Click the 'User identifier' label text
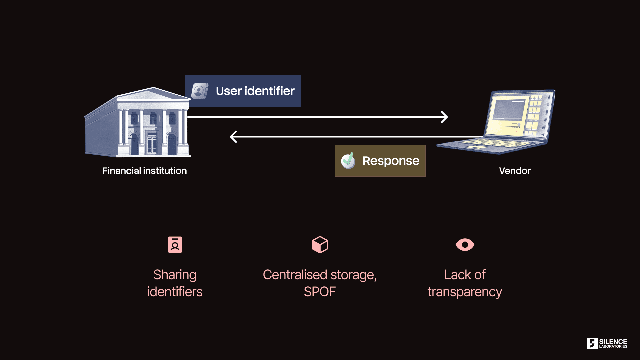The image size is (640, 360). (x=255, y=91)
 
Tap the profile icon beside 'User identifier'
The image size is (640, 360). (x=200, y=91)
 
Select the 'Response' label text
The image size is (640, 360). (x=391, y=161)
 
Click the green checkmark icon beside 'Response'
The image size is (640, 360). (x=348, y=161)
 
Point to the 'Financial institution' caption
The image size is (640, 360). (x=144, y=171)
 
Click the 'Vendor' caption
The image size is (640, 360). (x=515, y=171)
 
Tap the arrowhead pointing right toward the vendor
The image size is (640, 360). (x=445, y=117)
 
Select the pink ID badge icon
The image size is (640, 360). (x=175, y=245)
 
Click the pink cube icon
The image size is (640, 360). (x=320, y=245)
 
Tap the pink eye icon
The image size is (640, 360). (x=465, y=245)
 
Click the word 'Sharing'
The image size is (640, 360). (x=175, y=275)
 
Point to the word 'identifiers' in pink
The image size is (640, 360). (x=175, y=292)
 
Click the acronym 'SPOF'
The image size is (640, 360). (x=320, y=292)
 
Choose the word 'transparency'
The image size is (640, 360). (x=465, y=292)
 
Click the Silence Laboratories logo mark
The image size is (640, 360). (x=592, y=343)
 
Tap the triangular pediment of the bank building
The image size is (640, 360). (x=153, y=94)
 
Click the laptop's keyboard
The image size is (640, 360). (x=490, y=144)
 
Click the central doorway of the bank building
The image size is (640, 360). (x=152, y=144)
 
